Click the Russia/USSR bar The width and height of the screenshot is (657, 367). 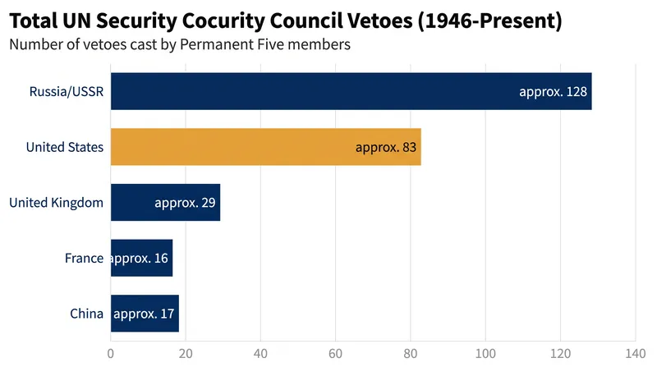click(x=351, y=91)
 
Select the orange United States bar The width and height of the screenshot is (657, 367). click(x=266, y=147)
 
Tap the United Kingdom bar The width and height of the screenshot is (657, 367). click(x=166, y=202)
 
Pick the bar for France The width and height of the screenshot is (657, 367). click(x=141, y=258)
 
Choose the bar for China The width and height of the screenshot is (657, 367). click(x=145, y=314)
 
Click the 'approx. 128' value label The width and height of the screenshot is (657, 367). click(x=553, y=92)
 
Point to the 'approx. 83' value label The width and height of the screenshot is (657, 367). click(x=386, y=148)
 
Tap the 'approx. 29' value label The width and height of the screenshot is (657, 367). click(x=185, y=203)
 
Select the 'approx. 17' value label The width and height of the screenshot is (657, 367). click(x=144, y=314)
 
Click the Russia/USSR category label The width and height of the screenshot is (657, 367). click(x=67, y=91)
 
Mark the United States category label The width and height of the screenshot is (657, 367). click(x=65, y=147)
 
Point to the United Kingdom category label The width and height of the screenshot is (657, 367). click(x=56, y=203)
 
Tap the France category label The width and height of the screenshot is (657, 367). click(x=84, y=258)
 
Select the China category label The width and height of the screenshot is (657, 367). click(x=86, y=314)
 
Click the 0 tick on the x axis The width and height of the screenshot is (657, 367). click(x=111, y=354)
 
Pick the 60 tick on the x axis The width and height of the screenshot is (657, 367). click(x=335, y=354)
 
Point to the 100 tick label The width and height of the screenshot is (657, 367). click(x=485, y=354)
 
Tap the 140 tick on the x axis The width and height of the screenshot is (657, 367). click(x=635, y=354)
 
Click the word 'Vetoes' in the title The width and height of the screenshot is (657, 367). click(x=384, y=21)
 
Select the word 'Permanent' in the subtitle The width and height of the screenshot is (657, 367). click(x=210, y=44)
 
